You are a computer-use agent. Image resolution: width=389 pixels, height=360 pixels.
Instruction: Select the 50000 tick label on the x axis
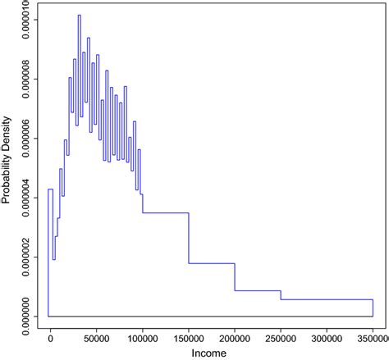point(96,336)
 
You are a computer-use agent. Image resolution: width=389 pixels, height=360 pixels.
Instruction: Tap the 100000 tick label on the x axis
point(142,336)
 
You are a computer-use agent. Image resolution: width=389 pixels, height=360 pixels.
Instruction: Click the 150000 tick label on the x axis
point(189,336)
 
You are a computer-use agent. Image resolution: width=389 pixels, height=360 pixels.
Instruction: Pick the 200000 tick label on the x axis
point(235,336)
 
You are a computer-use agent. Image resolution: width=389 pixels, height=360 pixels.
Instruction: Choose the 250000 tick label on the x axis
point(281,336)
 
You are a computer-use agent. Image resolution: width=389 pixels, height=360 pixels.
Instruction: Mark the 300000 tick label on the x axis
point(327,336)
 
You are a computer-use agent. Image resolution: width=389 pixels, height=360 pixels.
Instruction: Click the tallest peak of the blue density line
point(79,16)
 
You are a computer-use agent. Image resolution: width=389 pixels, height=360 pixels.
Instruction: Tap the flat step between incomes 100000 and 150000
point(166,213)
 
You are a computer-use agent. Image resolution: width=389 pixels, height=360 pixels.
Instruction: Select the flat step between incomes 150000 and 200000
point(212,263)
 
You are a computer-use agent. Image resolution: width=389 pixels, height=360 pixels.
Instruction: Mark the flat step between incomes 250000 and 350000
point(327,299)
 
